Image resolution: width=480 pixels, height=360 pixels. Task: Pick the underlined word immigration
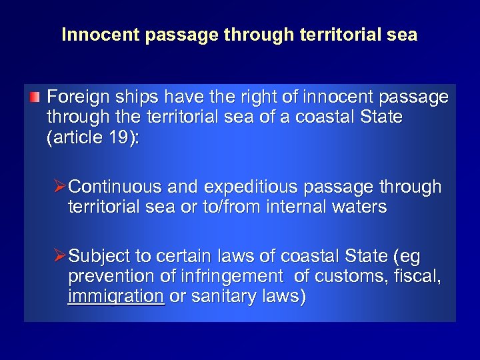coord(116,297)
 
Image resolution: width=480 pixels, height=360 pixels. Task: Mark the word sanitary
coord(215,297)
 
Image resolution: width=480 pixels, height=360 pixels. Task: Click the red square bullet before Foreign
coord(35,99)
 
